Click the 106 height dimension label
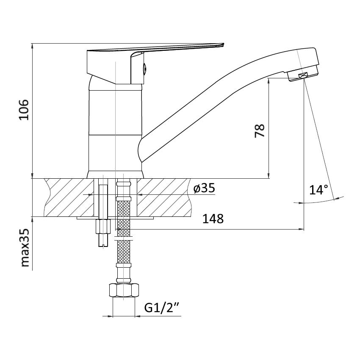[x=24, y=110]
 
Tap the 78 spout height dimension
[x=260, y=130]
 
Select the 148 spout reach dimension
[x=213, y=219]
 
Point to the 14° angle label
[x=318, y=190]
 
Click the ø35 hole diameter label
[x=204, y=188]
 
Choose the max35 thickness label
[x=25, y=247]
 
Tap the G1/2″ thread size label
[x=162, y=308]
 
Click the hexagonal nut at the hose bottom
[x=124, y=291]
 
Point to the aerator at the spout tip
[x=303, y=73]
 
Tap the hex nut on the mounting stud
[x=103, y=227]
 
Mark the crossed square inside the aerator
[x=303, y=75]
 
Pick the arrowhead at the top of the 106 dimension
[x=32, y=46]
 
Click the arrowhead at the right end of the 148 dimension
[x=301, y=229]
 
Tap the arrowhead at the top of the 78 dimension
[x=269, y=81]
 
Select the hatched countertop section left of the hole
[x=69, y=197]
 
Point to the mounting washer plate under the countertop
[x=115, y=218]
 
